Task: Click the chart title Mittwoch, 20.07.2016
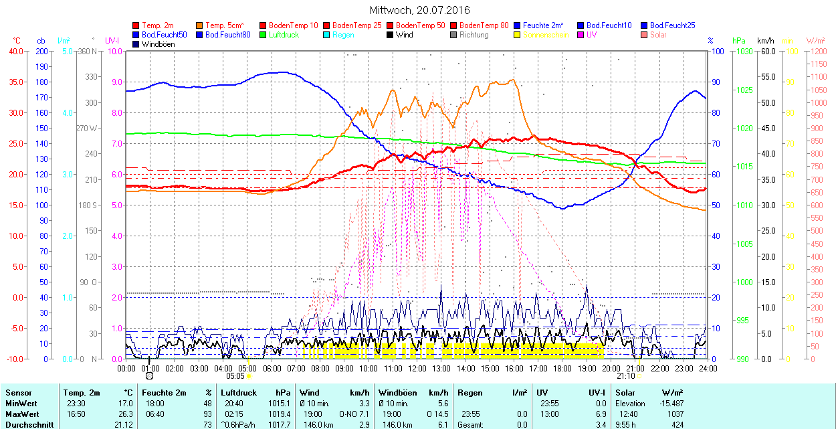coord(419,10)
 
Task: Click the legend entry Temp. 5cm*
coord(224,25)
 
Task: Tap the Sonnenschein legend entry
coord(546,34)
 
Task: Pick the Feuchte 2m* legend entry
coord(544,25)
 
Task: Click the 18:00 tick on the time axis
coord(562,368)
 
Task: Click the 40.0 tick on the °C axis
coord(13,51)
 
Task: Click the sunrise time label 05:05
coord(235,376)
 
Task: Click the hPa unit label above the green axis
coord(739,41)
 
